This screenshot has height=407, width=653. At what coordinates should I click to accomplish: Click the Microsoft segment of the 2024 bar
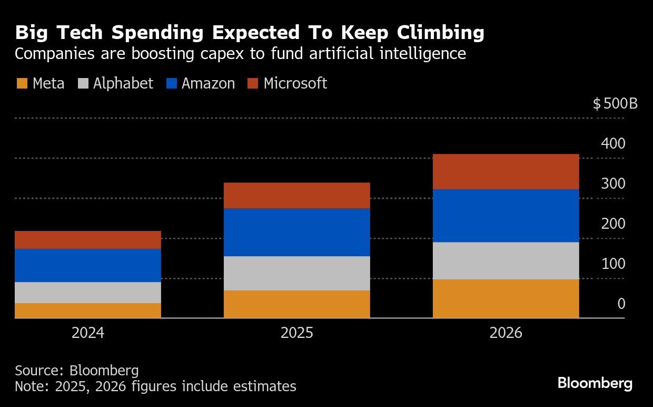[87, 240]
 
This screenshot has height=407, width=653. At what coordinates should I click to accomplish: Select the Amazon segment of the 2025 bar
[296, 232]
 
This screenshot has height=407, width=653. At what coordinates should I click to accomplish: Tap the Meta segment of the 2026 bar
[506, 298]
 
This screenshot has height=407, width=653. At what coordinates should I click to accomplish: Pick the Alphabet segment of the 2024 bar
[87, 293]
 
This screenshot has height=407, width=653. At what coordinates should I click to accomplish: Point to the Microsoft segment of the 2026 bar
[506, 172]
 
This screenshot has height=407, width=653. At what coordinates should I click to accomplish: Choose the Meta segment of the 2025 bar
[296, 304]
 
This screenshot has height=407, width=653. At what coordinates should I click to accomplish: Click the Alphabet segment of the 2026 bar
[506, 260]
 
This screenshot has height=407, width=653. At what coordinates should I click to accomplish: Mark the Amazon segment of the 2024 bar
[87, 265]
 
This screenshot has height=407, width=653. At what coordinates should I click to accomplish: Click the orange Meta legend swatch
[22, 83]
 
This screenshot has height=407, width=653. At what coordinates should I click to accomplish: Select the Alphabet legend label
[123, 83]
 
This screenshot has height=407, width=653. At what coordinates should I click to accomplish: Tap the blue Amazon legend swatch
[171, 83]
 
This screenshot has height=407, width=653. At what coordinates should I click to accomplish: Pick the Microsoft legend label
[295, 83]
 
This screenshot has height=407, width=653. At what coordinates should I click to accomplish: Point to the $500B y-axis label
[615, 103]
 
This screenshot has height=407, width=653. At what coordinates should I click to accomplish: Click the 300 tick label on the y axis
[613, 183]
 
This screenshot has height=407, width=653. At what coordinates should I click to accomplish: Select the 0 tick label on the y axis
[621, 304]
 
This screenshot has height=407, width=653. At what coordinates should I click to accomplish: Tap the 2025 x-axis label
[296, 333]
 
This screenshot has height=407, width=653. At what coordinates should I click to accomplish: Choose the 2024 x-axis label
[87, 333]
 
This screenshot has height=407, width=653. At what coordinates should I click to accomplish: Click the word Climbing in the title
[440, 33]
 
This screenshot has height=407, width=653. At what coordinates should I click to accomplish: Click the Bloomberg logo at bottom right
[595, 383]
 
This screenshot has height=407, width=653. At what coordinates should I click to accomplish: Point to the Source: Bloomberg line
[77, 370]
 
